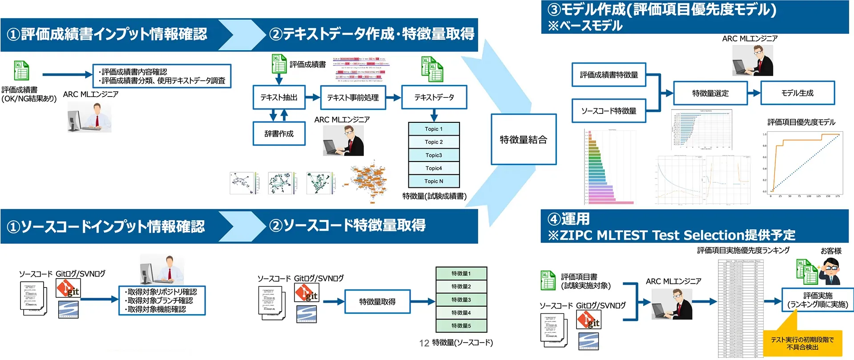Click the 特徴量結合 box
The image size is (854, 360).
pyautogui.click(x=524, y=140)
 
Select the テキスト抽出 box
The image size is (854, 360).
pyautogui.click(x=279, y=97)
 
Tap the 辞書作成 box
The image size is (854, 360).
pyautogui.click(x=279, y=133)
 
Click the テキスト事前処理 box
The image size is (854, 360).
pyautogui.click(x=353, y=97)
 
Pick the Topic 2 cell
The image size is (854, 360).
pyautogui.click(x=434, y=142)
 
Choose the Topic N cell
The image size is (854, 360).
pyautogui.click(x=434, y=181)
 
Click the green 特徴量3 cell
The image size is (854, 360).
pyautogui.click(x=461, y=299)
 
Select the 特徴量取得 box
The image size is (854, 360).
pyautogui.click(x=377, y=302)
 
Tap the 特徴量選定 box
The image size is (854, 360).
pyautogui.click(x=710, y=93)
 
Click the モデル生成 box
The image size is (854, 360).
pyautogui.click(x=798, y=93)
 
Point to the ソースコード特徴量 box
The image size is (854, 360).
pyautogui.click(x=609, y=111)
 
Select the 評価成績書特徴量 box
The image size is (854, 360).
pyautogui.click(x=609, y=75)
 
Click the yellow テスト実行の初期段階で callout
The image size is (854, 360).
pyautogui.click(x=802, y=343)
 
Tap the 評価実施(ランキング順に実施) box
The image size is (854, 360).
pyautogui.click(x=818, y=300)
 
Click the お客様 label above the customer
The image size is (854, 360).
pyautogui.click(x=831, y=251)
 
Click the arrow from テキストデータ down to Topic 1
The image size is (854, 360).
pyautogui.click(x=434, y=116)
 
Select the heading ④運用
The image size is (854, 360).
pyautogui.click(x=569, y=219)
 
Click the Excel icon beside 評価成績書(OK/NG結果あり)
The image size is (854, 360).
pyautogui.click(x=21, y=71)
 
